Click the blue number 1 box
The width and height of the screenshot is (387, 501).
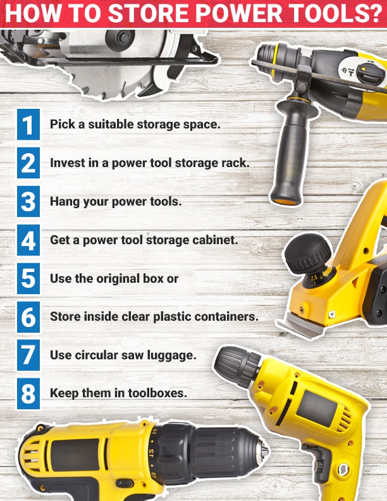[28, 124]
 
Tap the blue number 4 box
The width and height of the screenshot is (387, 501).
[28, 240]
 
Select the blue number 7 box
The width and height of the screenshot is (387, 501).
[28, 355]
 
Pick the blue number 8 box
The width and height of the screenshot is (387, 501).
[28, 393]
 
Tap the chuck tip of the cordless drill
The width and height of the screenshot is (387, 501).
[264, 451]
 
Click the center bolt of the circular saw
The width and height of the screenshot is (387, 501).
[123, 38]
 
